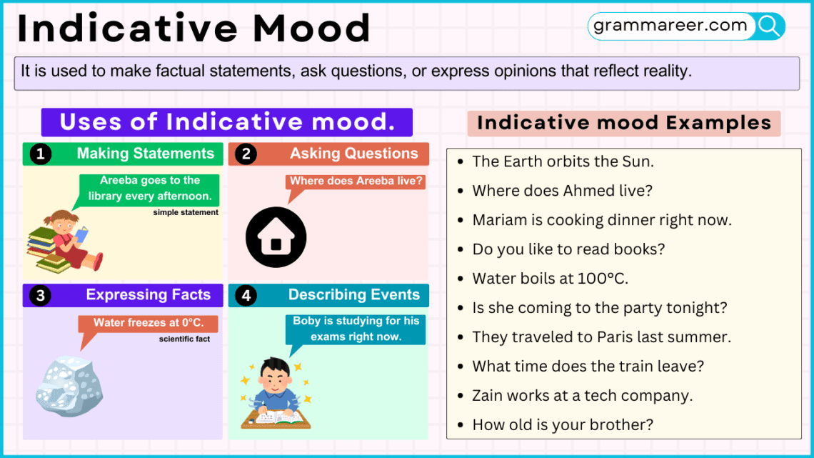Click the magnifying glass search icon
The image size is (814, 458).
coord(769,26)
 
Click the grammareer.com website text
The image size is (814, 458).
coord(670,25)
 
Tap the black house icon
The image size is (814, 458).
coord(276,237)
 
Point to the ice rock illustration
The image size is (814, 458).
coord(69,386)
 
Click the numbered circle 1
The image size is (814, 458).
coord(41,154)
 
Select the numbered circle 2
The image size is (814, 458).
coord(246,154)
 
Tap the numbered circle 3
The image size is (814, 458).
coord(41,296)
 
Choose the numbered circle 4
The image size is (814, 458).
coord(246,296)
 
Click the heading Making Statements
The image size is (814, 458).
coord(146,154)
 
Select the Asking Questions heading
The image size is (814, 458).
coord(353,154)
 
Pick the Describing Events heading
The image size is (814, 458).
coord(354,295)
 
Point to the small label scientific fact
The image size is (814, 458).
coord(184,339)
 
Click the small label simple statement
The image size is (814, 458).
coord(186,212)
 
